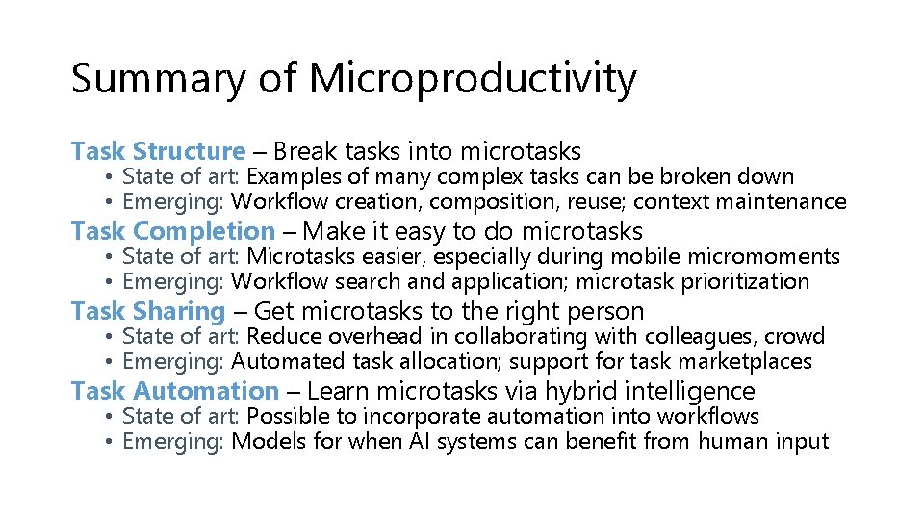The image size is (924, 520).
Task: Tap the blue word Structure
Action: pyautogui.click(x=190, y=151)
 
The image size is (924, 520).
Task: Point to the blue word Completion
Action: pyautogui.click(x=204, y=231)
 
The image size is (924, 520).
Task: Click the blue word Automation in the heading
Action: pyautogui.click(x=206, y=391)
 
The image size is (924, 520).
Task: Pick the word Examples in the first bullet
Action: pyautogui.click(x=287, y=177)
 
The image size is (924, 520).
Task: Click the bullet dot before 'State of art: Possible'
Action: pyautogui.click(x=112, y=417)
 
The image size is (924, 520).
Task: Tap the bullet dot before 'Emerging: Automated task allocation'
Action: pyautogui.click(x=112, y=362)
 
